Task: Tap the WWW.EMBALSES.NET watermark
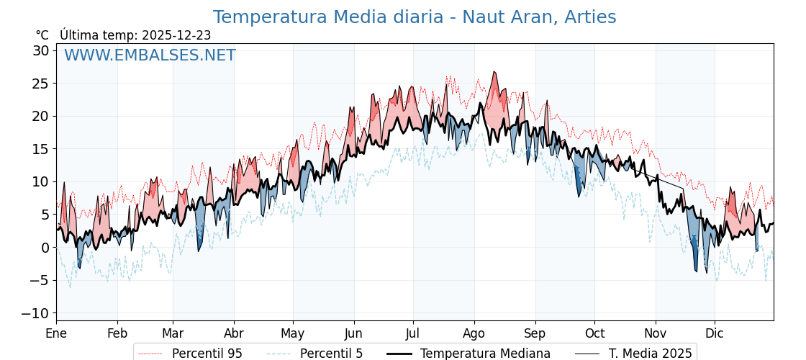click(150, 55)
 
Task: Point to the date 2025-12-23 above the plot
click(176, 35)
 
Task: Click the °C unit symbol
click(42, 35)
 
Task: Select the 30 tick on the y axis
click(40, 50)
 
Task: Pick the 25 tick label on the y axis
click(40, 84)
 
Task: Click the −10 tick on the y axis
click(36, 313)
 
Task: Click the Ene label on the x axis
click(56, 333)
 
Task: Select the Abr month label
click(234, 333)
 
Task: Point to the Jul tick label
click(413, 333)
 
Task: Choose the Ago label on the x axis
click(474, 333)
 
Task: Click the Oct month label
click(594, 333)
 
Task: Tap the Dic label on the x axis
click(715, 333)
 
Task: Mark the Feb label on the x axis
click(117, 333)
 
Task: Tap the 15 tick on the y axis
click(40, 149)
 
